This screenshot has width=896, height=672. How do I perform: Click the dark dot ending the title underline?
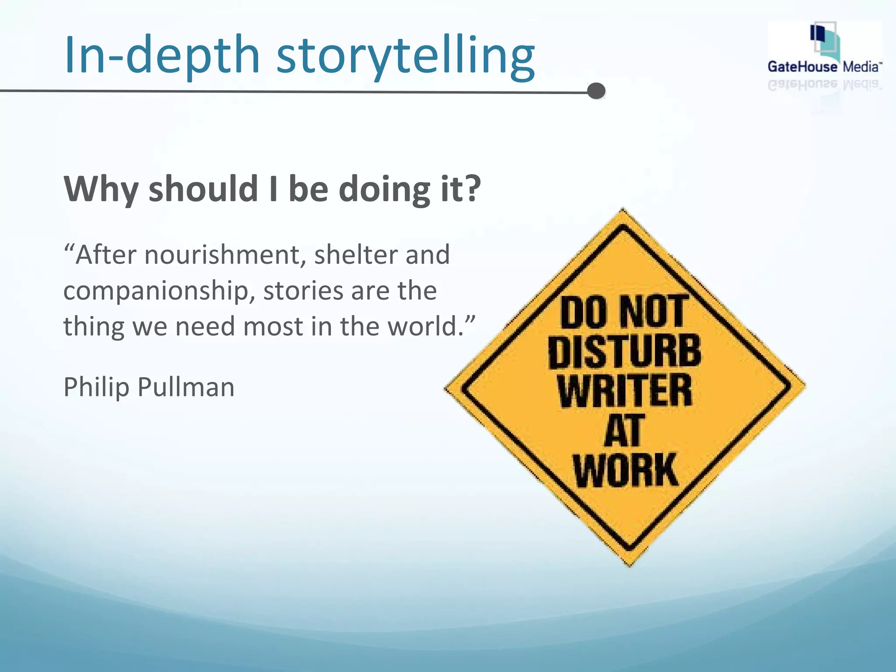tap(596, 91)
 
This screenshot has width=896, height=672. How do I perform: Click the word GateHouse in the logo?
tap(802, 67)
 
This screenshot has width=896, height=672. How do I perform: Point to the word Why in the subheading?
tap(101, 189)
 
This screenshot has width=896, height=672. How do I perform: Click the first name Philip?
tap(97, 388)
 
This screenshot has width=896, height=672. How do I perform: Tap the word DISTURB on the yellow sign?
tap(625, 352)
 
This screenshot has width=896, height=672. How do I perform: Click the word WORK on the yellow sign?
tap(626, 470)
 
